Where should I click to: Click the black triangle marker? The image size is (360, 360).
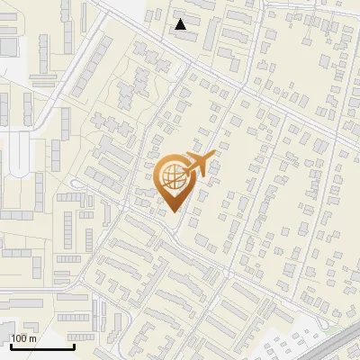pyautogui.click(x=181, y=24)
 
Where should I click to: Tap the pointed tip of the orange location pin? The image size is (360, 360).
pyautogui.click(x=174, y=211)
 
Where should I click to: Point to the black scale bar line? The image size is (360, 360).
pyautogui.click(x=41, y=346)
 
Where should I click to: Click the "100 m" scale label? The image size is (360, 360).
pyautogui.click(x=23, y=338)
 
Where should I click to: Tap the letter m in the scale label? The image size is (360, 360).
pyautogui.click(x=32, y=338)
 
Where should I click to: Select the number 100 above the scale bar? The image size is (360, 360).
pyautogui.click(x=19, y=338)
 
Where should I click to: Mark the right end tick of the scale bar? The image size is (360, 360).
pyautogui.click(x=74, y=345)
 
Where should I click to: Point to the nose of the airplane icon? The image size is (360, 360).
pyautogui.click(x=214, y=157)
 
